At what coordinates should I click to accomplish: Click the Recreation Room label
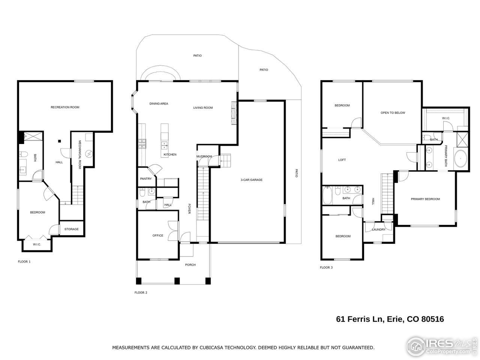[x=65, y=107]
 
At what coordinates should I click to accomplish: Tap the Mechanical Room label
[x=80, y=154]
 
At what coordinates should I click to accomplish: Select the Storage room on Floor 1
[x=71, y=229]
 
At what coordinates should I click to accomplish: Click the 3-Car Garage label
[x=251, y=180]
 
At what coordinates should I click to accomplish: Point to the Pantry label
[x=145, y=179]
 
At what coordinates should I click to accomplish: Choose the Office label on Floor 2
[x=157, y=235]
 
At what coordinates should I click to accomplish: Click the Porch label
[x=190, y=265]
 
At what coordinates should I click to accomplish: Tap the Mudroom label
[x=204, y=156]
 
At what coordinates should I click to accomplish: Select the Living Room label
[x=203, y=108]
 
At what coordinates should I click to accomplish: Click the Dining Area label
[x=159, y=104]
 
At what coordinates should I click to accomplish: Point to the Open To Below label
[x=393, y=113]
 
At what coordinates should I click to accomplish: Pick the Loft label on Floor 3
[x=342, y=160]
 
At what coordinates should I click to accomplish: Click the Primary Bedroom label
[x=425, y=199]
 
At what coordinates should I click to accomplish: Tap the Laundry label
[x=378, y=229]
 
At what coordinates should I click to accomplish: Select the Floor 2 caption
[x=141, y=292]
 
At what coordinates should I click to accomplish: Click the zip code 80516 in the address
[x=432, y=319]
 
